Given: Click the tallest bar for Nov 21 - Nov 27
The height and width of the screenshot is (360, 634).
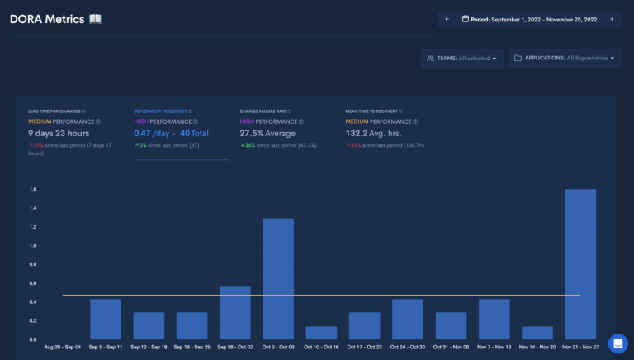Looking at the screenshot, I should click(580, 264).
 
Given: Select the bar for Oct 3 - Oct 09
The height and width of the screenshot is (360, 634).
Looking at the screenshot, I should click(278, 279).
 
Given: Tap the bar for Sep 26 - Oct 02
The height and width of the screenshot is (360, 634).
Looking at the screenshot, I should click(235, 313).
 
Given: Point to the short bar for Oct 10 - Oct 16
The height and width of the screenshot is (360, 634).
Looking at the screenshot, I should click(321, 333).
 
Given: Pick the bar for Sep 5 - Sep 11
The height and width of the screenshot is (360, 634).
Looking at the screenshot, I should click(106, 319).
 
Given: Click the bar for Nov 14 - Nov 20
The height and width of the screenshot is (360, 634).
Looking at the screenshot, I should click(537, 333).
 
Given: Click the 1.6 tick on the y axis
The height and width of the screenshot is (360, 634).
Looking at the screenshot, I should click(32, 189).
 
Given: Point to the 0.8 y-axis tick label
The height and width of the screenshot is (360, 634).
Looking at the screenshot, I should click(32, 264).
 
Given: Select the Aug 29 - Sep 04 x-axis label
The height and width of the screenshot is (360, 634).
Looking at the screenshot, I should click(63, 348).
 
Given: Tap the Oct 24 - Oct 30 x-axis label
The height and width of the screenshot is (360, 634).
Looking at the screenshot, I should click(408, 348).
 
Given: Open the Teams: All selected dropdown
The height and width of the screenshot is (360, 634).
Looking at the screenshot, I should click(461, 59).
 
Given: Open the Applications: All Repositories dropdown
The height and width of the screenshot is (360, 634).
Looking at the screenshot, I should click(565, 59).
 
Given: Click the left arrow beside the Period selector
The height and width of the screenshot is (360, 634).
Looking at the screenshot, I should click(447, 19).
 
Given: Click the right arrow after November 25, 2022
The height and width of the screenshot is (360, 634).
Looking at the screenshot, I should click(612, 19).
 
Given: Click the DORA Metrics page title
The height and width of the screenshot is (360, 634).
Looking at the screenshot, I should click(48, 19).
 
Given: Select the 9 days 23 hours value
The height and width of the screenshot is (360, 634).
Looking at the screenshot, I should click(59, 133).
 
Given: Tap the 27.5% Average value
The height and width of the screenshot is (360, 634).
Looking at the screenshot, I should click(267, 133).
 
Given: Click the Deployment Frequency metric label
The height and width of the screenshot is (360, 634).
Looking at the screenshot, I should click(160, 111).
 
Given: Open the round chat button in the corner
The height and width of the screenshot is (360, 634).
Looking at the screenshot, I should click(617, 343).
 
